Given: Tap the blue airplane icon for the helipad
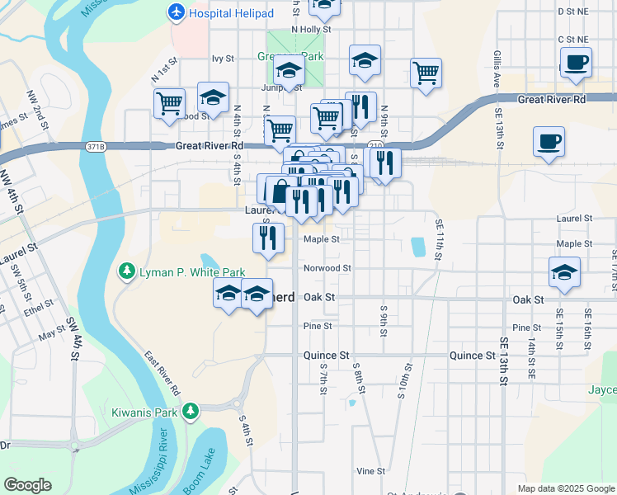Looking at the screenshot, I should pos(176,12).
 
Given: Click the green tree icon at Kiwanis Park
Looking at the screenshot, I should pos(191,410).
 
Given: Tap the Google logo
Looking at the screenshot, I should pos(28,484).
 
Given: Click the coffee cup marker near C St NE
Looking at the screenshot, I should pos(576,62).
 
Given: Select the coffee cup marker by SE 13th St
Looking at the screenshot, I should pos(549,142).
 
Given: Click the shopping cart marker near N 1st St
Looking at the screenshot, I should pos(169,105).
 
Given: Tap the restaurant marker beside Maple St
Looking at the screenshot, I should pos(268,238).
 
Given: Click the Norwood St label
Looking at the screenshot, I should pos(327,268).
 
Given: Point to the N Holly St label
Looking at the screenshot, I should pos(311,29).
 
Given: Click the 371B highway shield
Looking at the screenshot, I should pos(96,147).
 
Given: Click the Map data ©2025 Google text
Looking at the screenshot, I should pos(566,488).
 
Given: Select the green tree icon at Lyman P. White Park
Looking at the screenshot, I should pos(126,271).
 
